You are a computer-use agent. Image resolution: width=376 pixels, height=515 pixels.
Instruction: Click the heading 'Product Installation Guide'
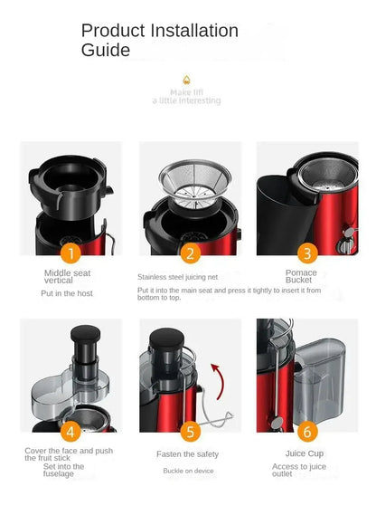[x=160, y=41]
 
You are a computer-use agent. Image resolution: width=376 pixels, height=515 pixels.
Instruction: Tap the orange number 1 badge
[x=70, y=253]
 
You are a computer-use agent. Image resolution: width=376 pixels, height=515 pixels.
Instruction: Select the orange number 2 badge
[x=190, y=253]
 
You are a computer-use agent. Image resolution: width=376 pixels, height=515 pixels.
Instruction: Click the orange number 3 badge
[x=307, y=253]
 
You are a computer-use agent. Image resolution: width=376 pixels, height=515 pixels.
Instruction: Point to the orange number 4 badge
[x=70, y=432]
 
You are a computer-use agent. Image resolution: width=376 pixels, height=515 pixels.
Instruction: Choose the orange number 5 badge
[x=190, y=432]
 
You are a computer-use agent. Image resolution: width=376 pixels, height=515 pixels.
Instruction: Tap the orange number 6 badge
[x=307, y=432]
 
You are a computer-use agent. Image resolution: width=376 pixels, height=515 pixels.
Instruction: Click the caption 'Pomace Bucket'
[x=300, y=276]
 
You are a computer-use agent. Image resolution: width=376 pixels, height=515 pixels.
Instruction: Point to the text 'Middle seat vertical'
[x=67, y=275]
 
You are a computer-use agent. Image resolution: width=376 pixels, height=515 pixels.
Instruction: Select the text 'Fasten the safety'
[x=189, y=453]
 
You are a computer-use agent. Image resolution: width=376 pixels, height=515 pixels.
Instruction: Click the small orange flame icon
[x=186, y=80]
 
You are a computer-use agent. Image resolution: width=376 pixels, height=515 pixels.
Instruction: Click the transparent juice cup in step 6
[x=321, y=380]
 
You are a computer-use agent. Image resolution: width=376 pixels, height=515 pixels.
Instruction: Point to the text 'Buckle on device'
[x=188, y=471]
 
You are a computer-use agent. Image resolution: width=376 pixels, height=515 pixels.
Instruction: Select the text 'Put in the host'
[x=67, y=293]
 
